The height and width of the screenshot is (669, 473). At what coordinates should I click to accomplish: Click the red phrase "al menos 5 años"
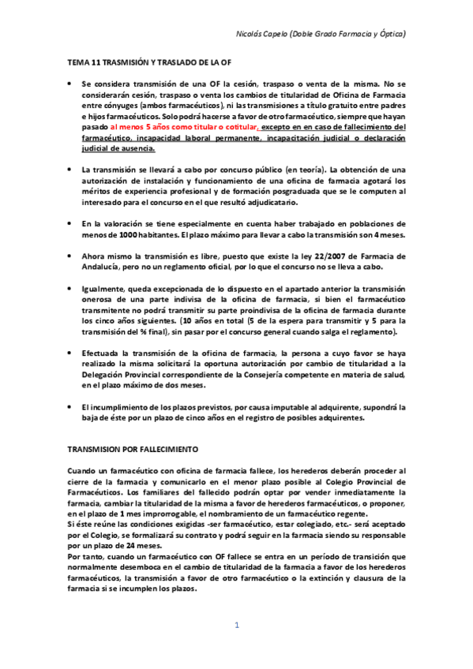138,126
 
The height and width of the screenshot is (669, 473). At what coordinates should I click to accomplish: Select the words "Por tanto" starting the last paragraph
85,556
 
